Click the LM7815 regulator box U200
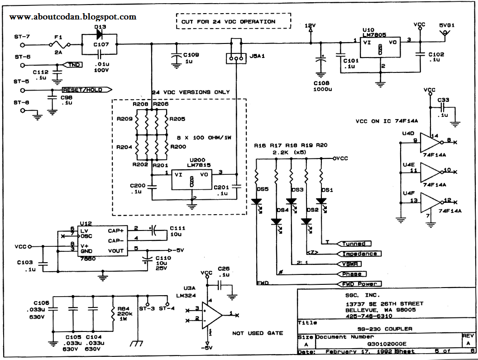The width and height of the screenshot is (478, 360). (x=191, y=181)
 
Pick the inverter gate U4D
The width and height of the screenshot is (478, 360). (x=430, y=143)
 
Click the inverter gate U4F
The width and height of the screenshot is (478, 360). (x=430, y=202)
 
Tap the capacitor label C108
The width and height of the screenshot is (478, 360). (x=320, y=83)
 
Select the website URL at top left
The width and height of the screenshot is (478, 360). (x=73, y=17)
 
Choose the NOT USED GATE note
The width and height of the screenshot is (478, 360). (x=258, y=333)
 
